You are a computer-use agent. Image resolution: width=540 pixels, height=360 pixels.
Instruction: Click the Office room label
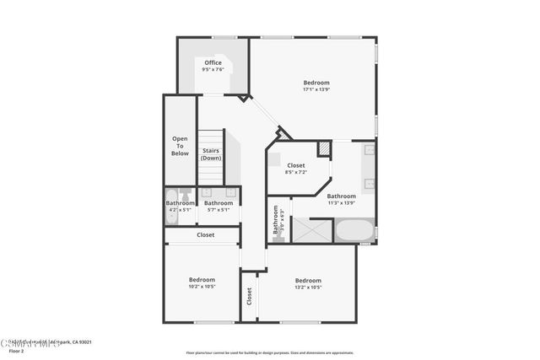(213, 62)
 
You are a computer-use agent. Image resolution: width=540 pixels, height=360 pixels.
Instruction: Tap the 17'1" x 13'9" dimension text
(316, 89)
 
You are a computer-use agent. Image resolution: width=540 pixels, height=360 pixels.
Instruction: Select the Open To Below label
(180, 146)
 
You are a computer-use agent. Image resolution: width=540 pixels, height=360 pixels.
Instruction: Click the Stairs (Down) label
(211, 154)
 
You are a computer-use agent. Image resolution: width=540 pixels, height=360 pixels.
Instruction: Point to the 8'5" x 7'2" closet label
(295, 172)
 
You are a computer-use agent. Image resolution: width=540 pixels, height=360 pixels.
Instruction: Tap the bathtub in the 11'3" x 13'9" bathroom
(354, 230)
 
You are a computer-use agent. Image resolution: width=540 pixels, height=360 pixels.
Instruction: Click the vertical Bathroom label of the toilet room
(275, 220)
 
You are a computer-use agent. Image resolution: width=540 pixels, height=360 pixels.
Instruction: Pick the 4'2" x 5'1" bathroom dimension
(180, 210)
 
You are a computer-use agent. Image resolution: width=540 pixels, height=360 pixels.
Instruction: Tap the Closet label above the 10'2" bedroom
(205, 235)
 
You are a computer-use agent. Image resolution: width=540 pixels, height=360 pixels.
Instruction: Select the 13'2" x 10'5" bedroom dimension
(308, 287)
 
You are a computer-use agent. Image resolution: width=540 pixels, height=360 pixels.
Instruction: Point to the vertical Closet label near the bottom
(249, 296)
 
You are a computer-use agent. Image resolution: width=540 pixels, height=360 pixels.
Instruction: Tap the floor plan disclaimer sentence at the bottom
(270, 352)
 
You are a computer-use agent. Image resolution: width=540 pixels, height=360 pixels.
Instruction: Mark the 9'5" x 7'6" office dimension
(213, 69)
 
